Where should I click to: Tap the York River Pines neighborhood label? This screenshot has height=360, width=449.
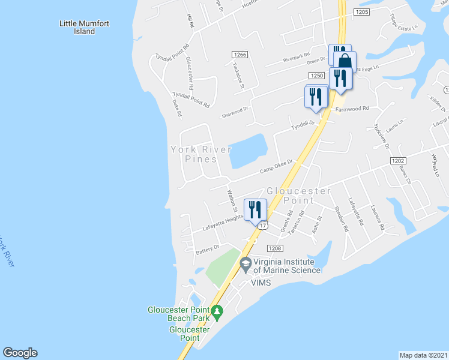pyautogui.click(x=193, y=154)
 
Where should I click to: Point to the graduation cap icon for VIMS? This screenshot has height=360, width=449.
pyautogui.click(x=246, y=263)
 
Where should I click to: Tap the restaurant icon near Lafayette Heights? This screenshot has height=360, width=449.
pyautogui.click(x=256, y=209)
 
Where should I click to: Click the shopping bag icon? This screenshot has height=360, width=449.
pyautogui.click(x=345, y=61)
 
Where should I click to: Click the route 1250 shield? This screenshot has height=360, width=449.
pyautogui.click(x=317, y=76)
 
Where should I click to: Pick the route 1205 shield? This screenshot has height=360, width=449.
pyautogui.click(x=361, y=12)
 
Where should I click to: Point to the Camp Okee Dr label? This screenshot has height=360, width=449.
pyautogui.click(x=276, y=167)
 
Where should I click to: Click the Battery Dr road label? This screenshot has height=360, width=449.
pyautogui.click(x=208, y=247)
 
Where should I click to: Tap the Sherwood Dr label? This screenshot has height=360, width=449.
pyautogui.click(x=235, y=110)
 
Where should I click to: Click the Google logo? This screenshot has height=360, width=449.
pyautogui.click(x=20, y=353)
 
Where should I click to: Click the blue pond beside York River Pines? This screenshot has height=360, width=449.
pyautogui.click(x=248, y=151)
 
